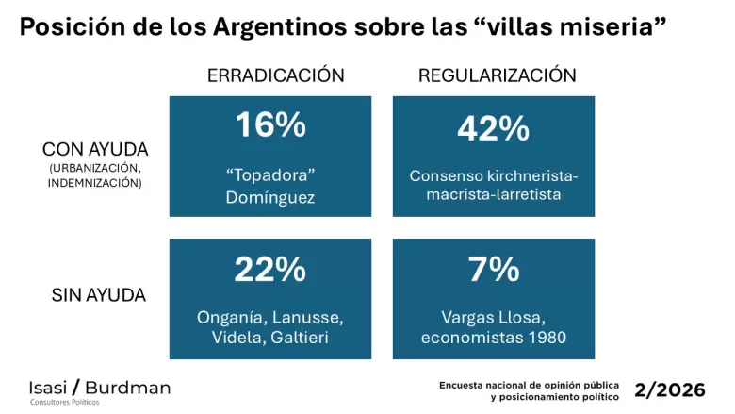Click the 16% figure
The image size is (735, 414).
(x=270, y=124)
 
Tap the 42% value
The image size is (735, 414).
(x=494, y=128)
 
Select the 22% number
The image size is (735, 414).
(x=270, y=269)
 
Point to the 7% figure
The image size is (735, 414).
(x=494, y=269)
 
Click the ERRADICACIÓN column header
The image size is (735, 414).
(x=275, y=75)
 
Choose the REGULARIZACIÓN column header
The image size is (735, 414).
(x=498, y=75)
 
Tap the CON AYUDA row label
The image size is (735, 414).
(x=95, y=150)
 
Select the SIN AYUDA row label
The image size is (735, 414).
(x=98, y=295)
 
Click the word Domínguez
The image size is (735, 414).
(x=270, y=197)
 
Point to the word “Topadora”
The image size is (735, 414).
(x=270, y=174)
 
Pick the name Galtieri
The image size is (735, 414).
(x=300, y=338)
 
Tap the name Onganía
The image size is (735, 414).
(x=232, y=318)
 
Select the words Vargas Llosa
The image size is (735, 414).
(x=493, y=318)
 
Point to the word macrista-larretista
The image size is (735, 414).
(x=494, y=194)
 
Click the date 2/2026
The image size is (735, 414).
(x=670, y=389)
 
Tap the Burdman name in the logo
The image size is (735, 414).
(x=128, y=388)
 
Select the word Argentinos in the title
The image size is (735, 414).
(x=280, y=26)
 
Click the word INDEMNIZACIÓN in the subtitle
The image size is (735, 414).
(x=94, y=183)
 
